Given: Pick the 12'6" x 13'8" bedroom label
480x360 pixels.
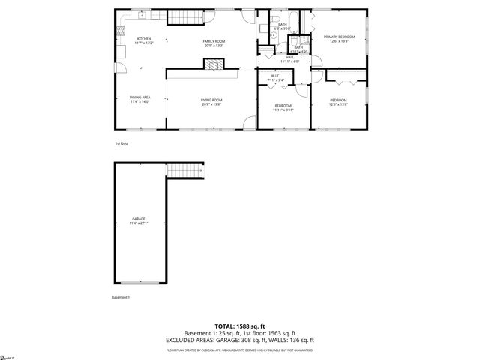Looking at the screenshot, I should pos(339,102).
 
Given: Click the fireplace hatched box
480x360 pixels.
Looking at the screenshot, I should pos(214,64).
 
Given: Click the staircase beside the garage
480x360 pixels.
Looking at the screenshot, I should pos(184,171).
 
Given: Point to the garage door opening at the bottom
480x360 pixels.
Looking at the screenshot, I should pos(139,284).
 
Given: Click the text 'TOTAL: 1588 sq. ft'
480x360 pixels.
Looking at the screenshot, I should pos(239,326).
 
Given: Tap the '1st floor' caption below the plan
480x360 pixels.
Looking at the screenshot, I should pos(122,142).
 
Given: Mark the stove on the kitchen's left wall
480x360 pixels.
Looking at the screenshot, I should pos(118,31).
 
